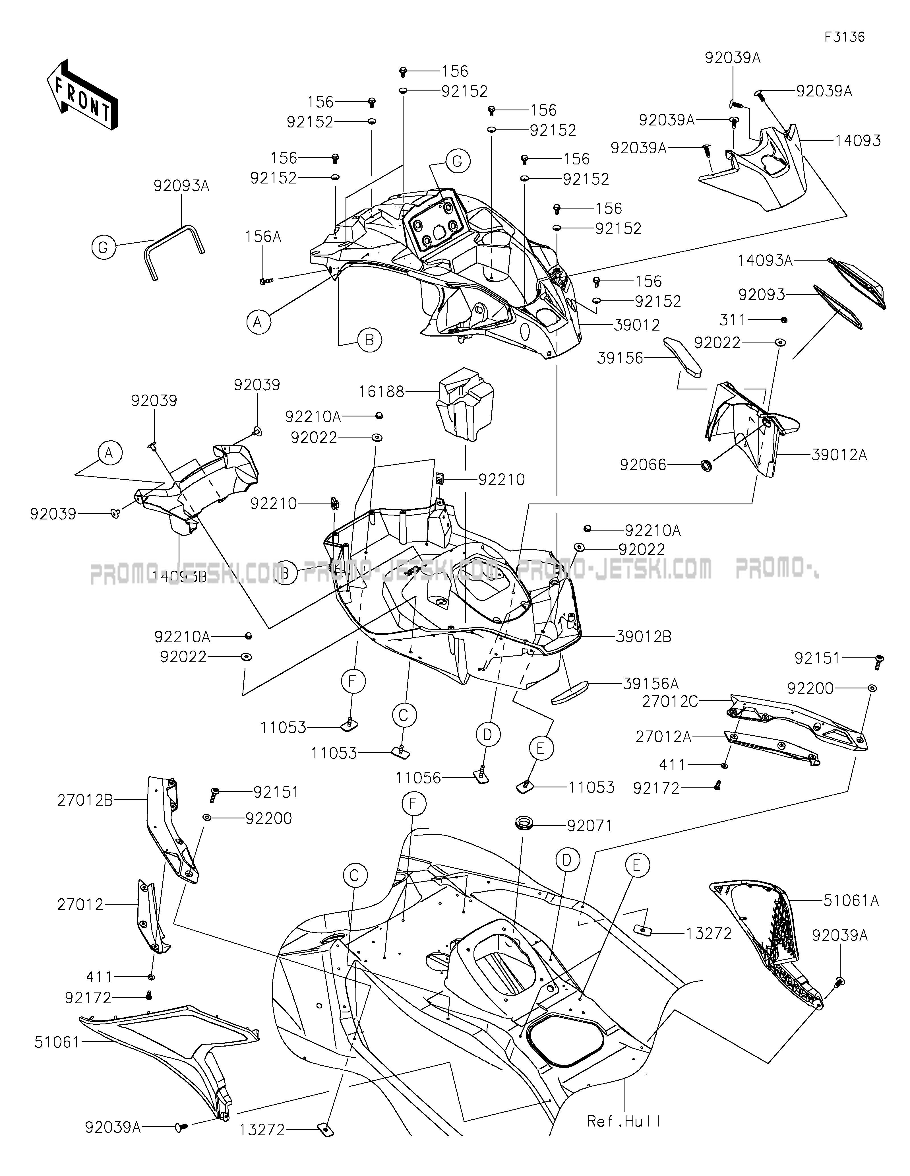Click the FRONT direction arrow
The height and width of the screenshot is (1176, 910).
(82, 95)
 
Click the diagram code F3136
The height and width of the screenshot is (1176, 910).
(844, 37)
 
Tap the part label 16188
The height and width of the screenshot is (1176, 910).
(382, 391)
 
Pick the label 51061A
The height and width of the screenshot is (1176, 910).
(851, 900)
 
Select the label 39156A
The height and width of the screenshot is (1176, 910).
(651, 684)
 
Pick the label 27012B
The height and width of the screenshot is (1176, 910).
(85, 801)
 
